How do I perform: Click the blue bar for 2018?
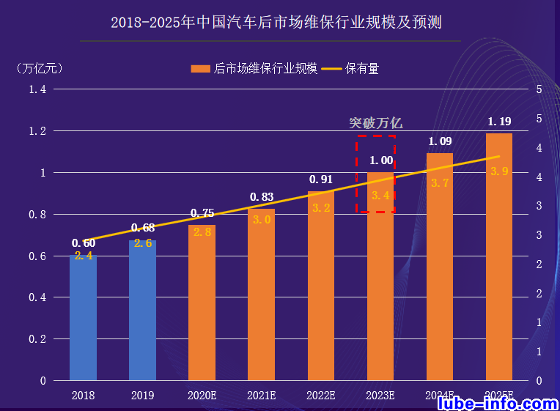click(x=83, y=319)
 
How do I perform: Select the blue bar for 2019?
click(x=142, y=311)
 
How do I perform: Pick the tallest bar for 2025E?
click(x=498, y=256)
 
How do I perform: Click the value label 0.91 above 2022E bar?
click(x=320, y=179)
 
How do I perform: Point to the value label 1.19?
click(x=499, y=122)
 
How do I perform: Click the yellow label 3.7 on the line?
click(x=440, y=183)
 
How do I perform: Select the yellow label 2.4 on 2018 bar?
click(x=83, y=256)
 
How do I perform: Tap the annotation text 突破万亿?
click(x=375, y=124)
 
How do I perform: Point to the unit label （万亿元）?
click(x=40, y=69)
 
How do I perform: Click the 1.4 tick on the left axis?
click(x=37, y=89)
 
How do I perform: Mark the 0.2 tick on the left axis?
click(x=37, y=339)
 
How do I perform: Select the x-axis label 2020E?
click(x=202, y=396)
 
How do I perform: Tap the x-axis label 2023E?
click(x=380, y=396)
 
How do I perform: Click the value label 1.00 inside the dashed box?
click(x=380, y=160)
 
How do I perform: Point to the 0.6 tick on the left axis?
click(x=37, y=256)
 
